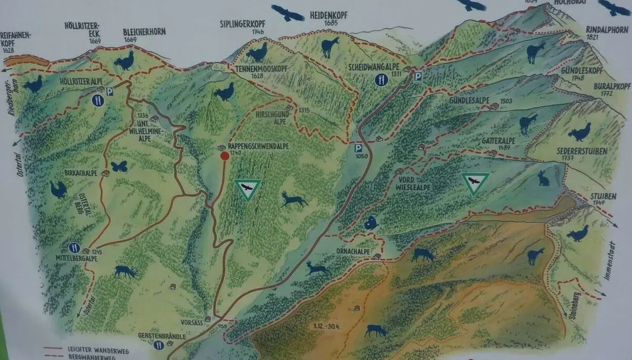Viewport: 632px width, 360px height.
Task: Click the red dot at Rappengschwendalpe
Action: tap(225, 156)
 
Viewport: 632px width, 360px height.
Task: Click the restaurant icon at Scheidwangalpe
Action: tap(381, 79)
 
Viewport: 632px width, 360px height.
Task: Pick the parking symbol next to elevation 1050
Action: tap(359, 148)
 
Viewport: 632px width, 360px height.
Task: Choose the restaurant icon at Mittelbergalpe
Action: tap(74, 247)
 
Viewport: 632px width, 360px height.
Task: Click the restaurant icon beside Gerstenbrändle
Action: tap(158, 345)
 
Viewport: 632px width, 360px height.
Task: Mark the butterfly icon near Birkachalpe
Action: tap(119, 166)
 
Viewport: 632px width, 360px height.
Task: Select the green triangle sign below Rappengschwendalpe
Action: tap(247, 189)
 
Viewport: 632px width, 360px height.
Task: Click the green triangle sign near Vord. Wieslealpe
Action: tap(475, 184)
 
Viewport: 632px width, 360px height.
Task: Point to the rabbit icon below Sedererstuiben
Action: tap(543, 178)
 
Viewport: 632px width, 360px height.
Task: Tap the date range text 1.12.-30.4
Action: tap(324, 326)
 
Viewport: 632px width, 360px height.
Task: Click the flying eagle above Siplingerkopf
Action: tap(288, 13)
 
